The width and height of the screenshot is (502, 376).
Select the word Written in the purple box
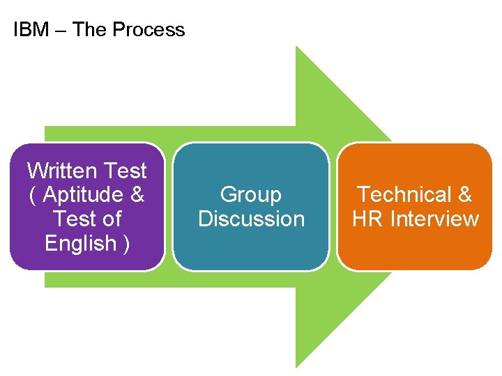pos(62,171)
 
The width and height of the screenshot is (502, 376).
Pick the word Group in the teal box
pos(251,195)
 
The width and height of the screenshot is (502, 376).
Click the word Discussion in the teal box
pos(251,219)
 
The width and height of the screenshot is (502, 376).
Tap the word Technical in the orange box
pos(404,195)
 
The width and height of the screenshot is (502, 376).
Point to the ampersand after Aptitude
pos(137,195)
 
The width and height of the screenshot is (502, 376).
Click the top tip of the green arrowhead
pos(297,47)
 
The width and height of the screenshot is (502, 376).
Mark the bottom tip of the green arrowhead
pos(297,366)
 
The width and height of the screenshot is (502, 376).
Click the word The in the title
pos(89,30)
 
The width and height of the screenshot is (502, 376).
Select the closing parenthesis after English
pos(125,244)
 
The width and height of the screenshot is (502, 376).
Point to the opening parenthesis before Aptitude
pos(33,196)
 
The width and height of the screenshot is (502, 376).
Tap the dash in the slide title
pos(61,31)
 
